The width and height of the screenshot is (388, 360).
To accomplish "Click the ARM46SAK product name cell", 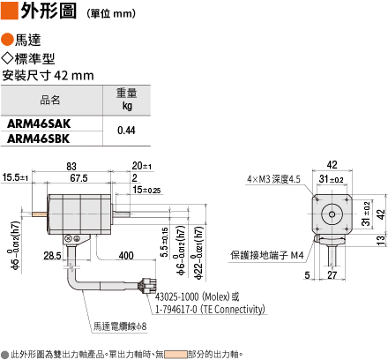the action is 39,124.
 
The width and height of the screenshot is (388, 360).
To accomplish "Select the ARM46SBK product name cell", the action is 39,139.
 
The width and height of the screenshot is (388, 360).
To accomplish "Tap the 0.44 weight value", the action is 126,131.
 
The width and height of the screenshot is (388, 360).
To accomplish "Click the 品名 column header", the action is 50,100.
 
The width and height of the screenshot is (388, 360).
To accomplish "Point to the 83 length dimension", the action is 71,167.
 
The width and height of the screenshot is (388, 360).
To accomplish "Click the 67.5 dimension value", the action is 78,178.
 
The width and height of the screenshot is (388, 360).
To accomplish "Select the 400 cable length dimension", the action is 126,256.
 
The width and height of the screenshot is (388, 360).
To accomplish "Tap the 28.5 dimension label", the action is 52,256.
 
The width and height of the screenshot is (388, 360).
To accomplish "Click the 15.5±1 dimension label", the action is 15,177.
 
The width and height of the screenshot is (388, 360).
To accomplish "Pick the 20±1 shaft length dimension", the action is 142,166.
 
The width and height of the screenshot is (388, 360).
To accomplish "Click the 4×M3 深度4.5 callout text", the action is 273,179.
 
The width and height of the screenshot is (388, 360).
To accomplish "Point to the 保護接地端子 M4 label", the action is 267,255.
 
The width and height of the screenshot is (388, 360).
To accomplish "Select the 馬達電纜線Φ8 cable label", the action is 120,326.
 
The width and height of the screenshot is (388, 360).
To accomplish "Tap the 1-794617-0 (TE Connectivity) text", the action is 210,309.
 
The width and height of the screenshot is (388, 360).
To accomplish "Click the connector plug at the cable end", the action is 148,285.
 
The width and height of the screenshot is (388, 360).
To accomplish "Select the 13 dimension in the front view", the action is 381,240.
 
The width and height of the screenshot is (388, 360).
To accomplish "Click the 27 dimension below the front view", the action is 332,275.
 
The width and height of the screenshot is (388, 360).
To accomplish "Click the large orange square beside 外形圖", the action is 10,11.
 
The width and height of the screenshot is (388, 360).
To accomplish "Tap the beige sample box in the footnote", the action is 175,354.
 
